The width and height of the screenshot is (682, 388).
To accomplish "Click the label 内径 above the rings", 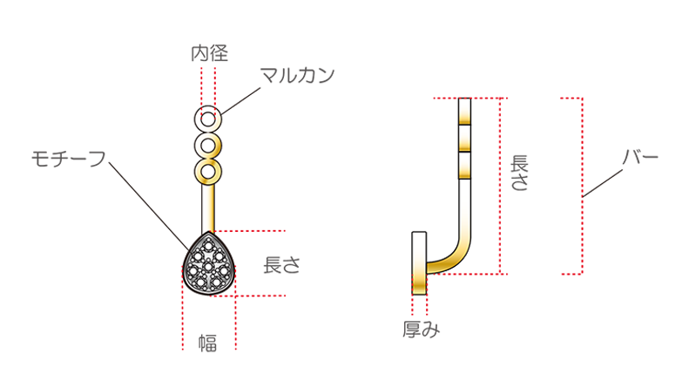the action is [x=209, y=53].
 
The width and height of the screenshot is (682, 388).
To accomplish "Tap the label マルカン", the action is [x=298, y=75].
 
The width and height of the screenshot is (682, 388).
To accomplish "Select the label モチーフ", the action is [x=69, y=159].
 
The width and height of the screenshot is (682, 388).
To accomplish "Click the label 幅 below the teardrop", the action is [x=208, y=344].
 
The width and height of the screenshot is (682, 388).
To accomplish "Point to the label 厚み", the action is [x=421, y=330].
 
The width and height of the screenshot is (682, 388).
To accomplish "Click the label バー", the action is [x=641, y=157].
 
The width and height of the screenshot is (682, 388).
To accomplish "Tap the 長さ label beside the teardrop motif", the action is [x=282, y=265].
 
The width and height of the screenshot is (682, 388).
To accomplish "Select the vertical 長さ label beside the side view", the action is [x=519, y=173].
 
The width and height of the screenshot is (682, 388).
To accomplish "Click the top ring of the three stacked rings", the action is [x=208, y=119].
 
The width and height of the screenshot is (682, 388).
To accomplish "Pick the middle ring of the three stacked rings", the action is [x=208, y=146].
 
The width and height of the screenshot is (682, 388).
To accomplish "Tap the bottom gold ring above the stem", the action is [x=208, y=172].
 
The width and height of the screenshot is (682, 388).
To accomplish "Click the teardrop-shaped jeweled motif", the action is [x=208, y=263].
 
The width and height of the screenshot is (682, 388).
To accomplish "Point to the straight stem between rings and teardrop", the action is [x=208, y=208].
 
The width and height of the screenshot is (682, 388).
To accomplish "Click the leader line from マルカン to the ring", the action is [x=240, y=101].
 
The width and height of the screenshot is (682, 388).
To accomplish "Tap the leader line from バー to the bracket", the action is [x=603, y=183].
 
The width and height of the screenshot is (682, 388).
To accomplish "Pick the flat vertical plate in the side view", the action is [x=419, y=263].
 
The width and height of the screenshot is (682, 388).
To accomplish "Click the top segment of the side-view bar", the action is [x=464, y=111].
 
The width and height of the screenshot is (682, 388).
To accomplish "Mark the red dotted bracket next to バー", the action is [x=582, y=186].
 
